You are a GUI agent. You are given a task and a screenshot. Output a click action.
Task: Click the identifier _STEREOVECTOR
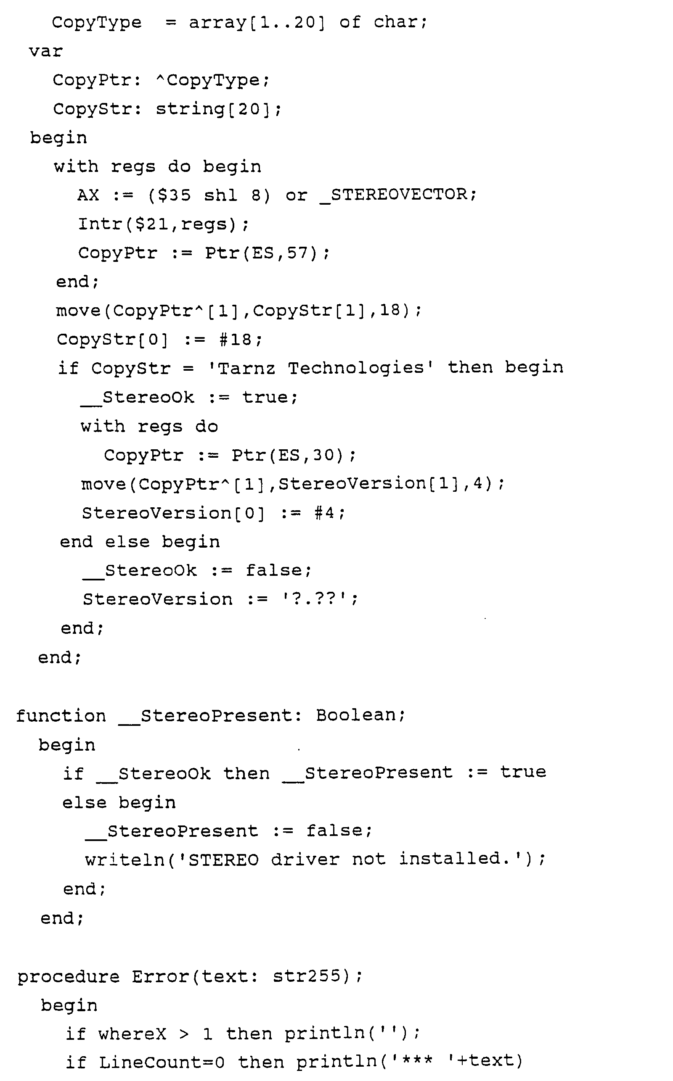(x=398, y=195)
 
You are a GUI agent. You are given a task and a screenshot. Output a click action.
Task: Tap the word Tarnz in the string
(x=246, y=368)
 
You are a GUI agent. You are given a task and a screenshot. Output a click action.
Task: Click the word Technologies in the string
(x=356, y=368)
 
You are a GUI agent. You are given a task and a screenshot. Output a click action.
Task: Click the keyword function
(x=61, y=716)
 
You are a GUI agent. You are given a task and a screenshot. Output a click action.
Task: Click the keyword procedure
(x=69, y=977)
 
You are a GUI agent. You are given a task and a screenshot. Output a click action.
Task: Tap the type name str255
(x=307, y=976)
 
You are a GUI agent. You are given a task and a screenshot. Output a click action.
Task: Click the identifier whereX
(x=132, y=1034)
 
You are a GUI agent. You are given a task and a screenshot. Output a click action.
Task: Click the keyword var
(x=45, y=52)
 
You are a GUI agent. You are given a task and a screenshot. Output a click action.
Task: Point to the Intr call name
(x=100, y=224)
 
